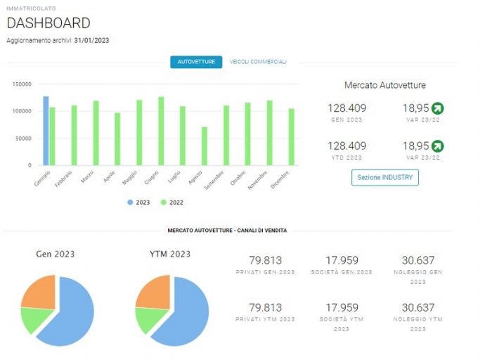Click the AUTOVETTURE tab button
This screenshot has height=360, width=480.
[196, 62]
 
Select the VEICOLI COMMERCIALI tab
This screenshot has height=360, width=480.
[258, 62]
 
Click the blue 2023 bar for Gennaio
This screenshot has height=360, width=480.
[46, 131]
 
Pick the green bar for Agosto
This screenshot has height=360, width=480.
[205, 146]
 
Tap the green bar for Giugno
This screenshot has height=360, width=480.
[161, 131]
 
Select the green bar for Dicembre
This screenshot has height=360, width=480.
[291, 137]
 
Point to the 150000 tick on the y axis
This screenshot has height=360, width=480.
[22, 84]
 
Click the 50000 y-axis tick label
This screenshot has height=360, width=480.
[23, 139]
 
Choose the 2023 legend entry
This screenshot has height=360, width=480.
[138, 202]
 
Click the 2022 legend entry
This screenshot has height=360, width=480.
[172, 202]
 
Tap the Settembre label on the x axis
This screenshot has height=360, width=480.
[214, 180]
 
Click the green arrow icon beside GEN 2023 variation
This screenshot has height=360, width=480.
[437, 108]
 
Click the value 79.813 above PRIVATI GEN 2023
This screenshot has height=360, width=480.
[265, 260]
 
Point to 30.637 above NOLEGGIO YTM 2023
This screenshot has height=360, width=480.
[418, 307]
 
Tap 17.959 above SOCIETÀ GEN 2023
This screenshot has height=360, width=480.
[342, 260]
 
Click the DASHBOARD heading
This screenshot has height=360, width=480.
[48, 23]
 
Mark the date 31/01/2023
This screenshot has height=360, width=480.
[91, 41]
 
